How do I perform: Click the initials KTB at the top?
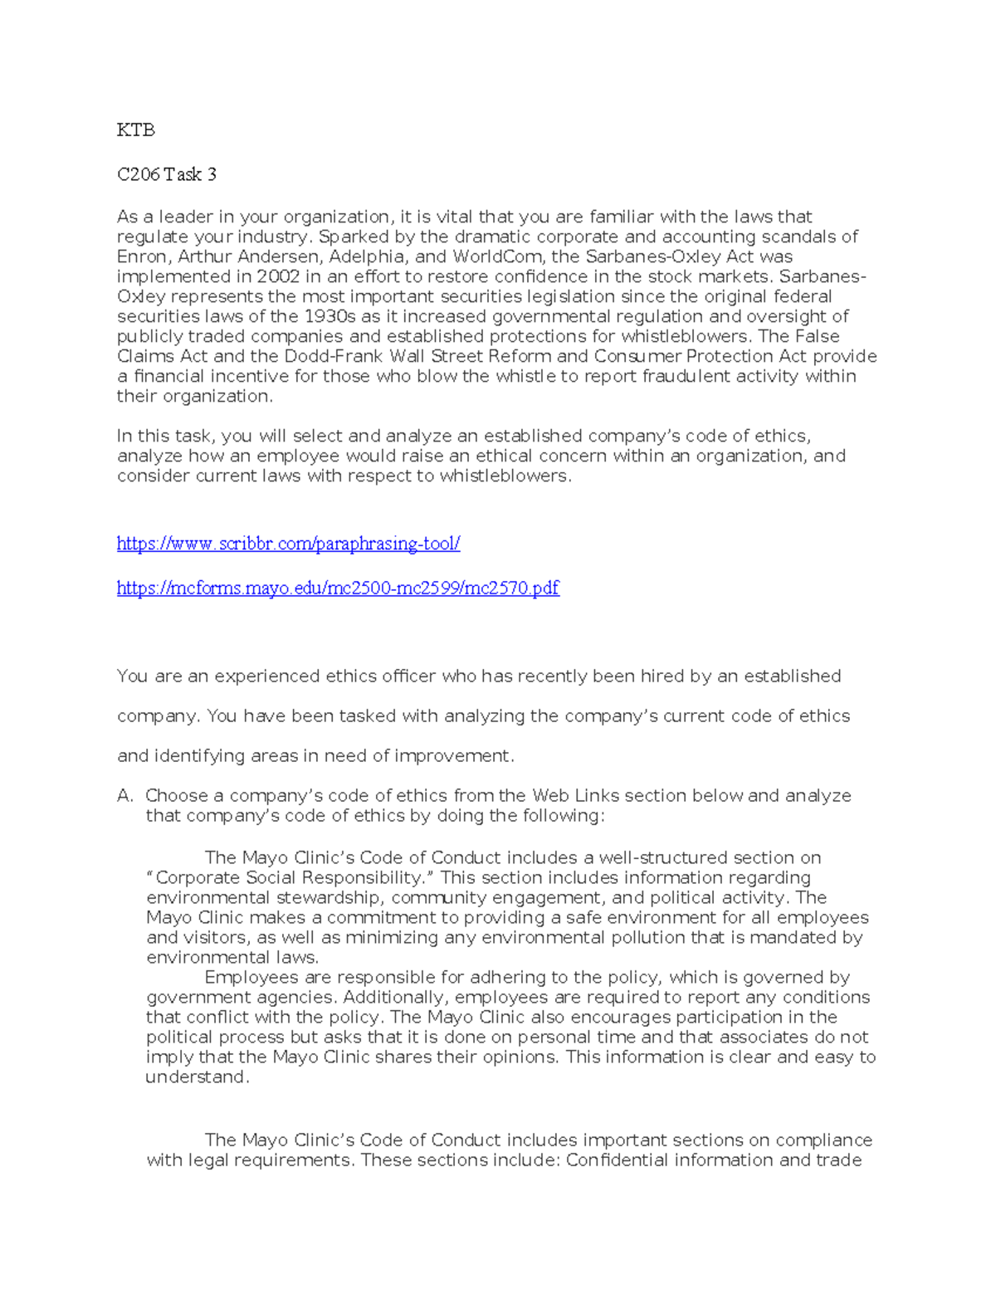coord(135,130)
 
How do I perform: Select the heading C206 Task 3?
coord(167,174)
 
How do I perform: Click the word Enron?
coord(142,256)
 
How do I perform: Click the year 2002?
coord(278,276)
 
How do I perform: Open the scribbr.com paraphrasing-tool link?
coord(288,544)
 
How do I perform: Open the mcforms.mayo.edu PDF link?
coord(338,588)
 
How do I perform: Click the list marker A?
coord(124,796)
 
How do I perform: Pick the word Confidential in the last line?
coord(617,1160)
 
